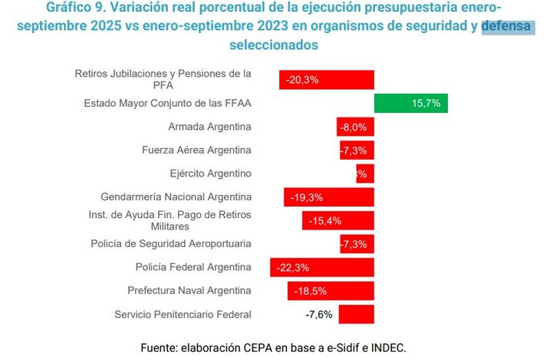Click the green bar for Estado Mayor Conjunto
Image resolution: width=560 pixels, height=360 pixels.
point(410,104)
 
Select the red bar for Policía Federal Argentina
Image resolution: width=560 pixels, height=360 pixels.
point(321,267)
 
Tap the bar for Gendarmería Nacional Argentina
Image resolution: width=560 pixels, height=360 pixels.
point(328,197)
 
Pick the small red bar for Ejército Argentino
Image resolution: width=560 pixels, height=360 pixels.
point(365,173)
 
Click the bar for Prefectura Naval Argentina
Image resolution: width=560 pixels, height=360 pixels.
point(331,291)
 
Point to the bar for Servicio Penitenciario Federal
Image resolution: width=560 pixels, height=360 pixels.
point(356,314)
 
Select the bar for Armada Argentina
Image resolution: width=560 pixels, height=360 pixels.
point(355,127)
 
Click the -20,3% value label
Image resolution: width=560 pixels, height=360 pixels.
point(302,80)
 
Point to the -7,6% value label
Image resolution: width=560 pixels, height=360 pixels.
point(318,314)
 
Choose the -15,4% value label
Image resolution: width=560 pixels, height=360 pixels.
point(324,221)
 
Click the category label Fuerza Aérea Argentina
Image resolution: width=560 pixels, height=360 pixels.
point(197,150)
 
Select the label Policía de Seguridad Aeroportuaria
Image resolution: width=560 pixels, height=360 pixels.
point(171,244)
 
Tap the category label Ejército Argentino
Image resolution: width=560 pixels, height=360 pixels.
point(210,173)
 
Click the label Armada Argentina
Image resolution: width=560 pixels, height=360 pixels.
point(209,127)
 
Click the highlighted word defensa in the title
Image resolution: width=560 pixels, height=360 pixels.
point(507,28)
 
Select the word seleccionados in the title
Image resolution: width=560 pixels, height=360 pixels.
point(273,45)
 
